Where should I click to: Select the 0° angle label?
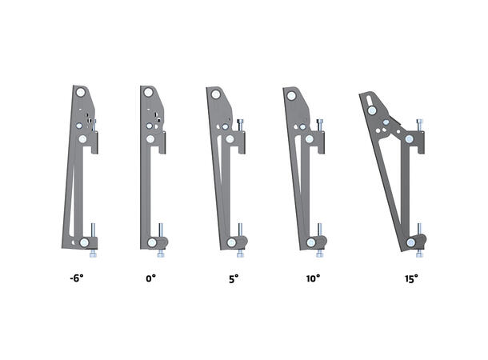pos(150,279)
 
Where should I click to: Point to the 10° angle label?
pos(313,279)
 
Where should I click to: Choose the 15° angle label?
pos(411,279)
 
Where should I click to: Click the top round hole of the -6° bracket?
pos(81,93)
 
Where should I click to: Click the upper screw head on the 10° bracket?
pos(320,122)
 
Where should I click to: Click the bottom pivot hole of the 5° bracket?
pos(231,242)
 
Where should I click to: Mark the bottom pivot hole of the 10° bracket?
pos(309,242)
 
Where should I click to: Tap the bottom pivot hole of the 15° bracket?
pos(410,242)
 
